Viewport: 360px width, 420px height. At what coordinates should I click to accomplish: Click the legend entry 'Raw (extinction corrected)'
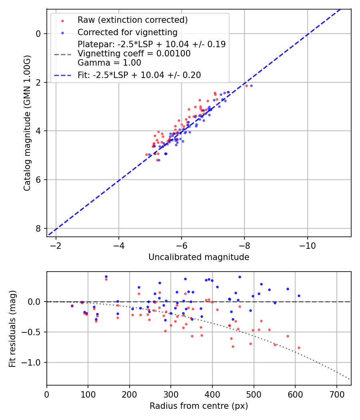pyautogui.click(x=132, y=20)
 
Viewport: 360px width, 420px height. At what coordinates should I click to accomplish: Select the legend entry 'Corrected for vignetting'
pyautogui.click(x=127, y=32)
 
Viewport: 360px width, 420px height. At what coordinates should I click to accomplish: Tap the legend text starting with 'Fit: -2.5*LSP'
pyautogui.click(x=139, y=75)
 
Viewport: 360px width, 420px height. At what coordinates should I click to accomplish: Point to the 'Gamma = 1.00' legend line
pyautogui.click(x=109, y=62)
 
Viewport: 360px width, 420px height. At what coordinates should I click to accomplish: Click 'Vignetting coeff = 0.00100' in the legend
pyautogui.click(x=134, y=53)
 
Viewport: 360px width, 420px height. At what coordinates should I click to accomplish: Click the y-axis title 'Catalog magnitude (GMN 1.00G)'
pyautogui.click(x=27, y=123)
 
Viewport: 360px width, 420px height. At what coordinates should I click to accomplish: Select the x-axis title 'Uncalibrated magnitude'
pyautogui.click(x=199, y=257)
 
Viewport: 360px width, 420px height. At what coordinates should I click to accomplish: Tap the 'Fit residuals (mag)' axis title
pyautogui.click(x=12, y=328)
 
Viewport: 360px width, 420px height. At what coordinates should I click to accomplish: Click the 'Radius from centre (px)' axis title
pyautogui.click(x=199, y=406)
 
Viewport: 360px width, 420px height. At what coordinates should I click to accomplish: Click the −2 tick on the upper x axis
pyautogui.click(x=56, y=245)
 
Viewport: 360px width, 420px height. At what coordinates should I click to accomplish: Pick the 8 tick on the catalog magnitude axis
pyautogui.click(x=38, y=228)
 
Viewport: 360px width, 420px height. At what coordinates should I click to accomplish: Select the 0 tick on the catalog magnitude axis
pyautogui.click(x=38, y=34)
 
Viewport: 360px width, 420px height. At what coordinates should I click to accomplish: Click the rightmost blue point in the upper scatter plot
pyautogui.click(x=251, y=86)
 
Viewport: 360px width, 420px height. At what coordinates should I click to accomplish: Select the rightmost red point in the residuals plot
pyautogui.click(x=299, y=348)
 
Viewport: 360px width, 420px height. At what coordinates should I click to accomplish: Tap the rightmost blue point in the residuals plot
pyautogui.click(x=299, y=296)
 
